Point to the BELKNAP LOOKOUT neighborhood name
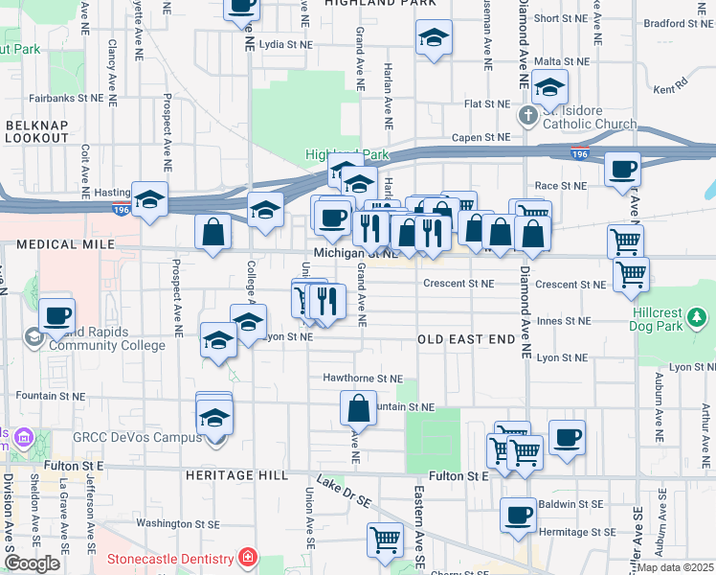37,131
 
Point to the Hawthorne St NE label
363,379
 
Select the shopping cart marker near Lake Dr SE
385,539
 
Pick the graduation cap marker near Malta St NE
549,88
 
